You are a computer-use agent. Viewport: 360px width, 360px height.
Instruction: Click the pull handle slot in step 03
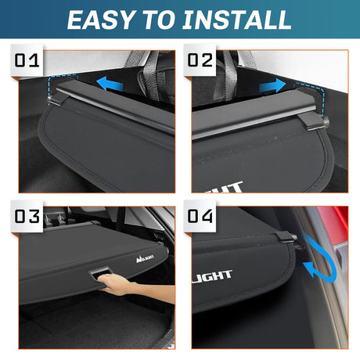click(x=100, y=271)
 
